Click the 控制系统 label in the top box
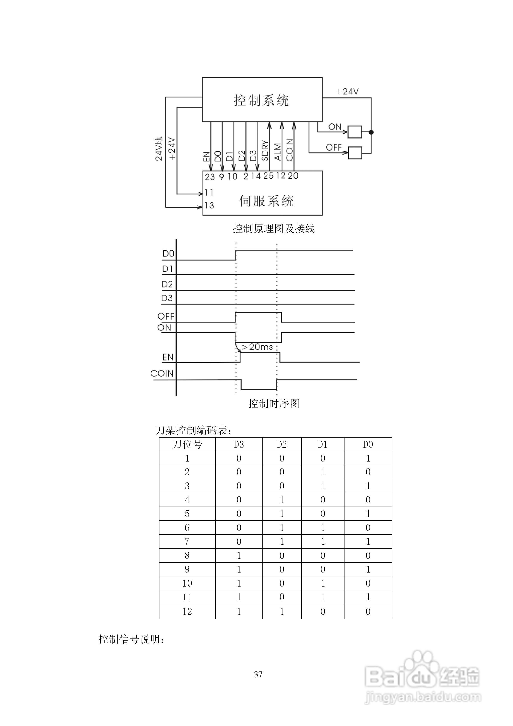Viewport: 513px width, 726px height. pos(261,100)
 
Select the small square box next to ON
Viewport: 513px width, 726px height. pos(355,132)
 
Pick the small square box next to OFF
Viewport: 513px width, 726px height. pos(355,153)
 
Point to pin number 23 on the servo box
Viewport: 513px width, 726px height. pos(210,177)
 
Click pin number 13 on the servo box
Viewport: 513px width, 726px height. pos(209,205)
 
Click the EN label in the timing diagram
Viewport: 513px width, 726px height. pos(168,357)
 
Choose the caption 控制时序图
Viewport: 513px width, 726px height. pos(273,404)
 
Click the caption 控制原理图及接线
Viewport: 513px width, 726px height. pos(273,228)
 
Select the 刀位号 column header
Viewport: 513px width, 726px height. pos(187,444)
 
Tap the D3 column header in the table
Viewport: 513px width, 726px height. pos(239,444)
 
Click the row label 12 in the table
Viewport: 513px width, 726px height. pos(187,611)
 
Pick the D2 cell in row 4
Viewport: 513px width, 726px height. pos(282,500)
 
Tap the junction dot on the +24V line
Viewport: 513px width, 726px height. pos(371,132)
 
